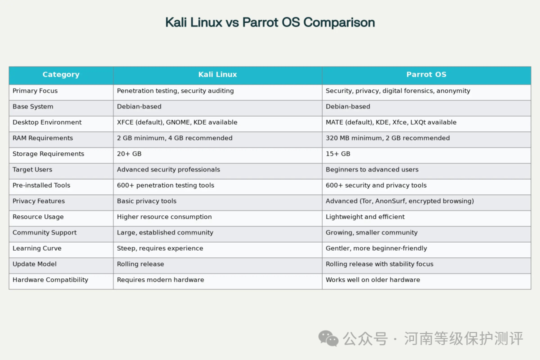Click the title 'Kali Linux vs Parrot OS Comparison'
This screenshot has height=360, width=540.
click(270, 22)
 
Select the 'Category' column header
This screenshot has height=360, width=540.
click(61, 74)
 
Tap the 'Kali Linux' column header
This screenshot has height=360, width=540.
click(217, 74)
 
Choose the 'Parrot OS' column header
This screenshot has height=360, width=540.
click(426, 74)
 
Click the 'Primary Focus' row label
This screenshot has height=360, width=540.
click(35, 90)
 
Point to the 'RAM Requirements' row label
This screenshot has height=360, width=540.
click(42, 138)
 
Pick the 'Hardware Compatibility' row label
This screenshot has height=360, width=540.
click(50, 279)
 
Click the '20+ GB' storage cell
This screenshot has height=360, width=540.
click(129, 153)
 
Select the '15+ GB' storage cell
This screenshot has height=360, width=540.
click(338, 153)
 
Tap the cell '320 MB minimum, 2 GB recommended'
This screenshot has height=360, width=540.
click(388, 138)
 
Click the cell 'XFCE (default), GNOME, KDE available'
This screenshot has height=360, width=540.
click(177, 122)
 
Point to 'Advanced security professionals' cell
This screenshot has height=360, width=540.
click(168, 169)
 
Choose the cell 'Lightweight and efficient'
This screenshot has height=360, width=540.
click(365, 216)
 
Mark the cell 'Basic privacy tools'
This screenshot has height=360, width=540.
click(146, 201)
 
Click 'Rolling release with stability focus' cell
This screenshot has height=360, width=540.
click(379, 264)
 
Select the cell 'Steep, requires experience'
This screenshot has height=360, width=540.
click(160, 248)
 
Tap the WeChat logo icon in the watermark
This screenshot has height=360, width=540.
click(328, 338)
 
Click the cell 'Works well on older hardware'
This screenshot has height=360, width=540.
click(373, 279)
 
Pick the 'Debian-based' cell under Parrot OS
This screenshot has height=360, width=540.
click(348, 106)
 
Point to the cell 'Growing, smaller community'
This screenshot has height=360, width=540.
click(371, 232)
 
